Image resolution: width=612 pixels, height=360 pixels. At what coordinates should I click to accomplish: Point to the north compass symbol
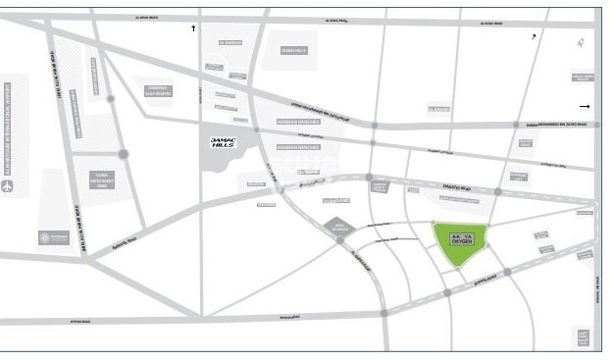tap(581, 42)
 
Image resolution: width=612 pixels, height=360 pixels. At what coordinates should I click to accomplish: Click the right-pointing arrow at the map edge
tap(585, 106)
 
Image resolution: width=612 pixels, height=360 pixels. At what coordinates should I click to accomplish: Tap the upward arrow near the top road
tap(193, 28)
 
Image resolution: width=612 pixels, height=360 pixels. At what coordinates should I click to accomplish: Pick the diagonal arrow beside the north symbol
tap(534, 36)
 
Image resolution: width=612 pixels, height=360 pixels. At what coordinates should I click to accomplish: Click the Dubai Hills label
tap(294, 50)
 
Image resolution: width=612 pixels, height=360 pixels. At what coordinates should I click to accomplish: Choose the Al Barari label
tap(438, 109)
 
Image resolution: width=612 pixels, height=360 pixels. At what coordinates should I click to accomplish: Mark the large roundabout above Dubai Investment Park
tap(124, 154)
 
